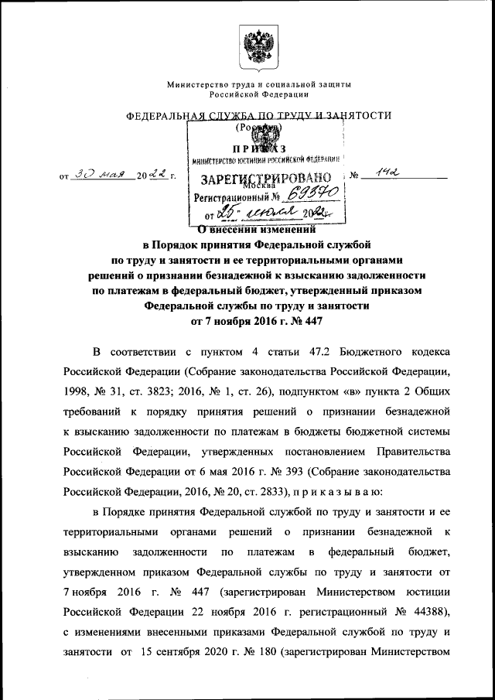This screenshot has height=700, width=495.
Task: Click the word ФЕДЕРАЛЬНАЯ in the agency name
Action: point(163,116)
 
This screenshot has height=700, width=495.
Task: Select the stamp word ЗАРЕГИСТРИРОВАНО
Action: point(267,179)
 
